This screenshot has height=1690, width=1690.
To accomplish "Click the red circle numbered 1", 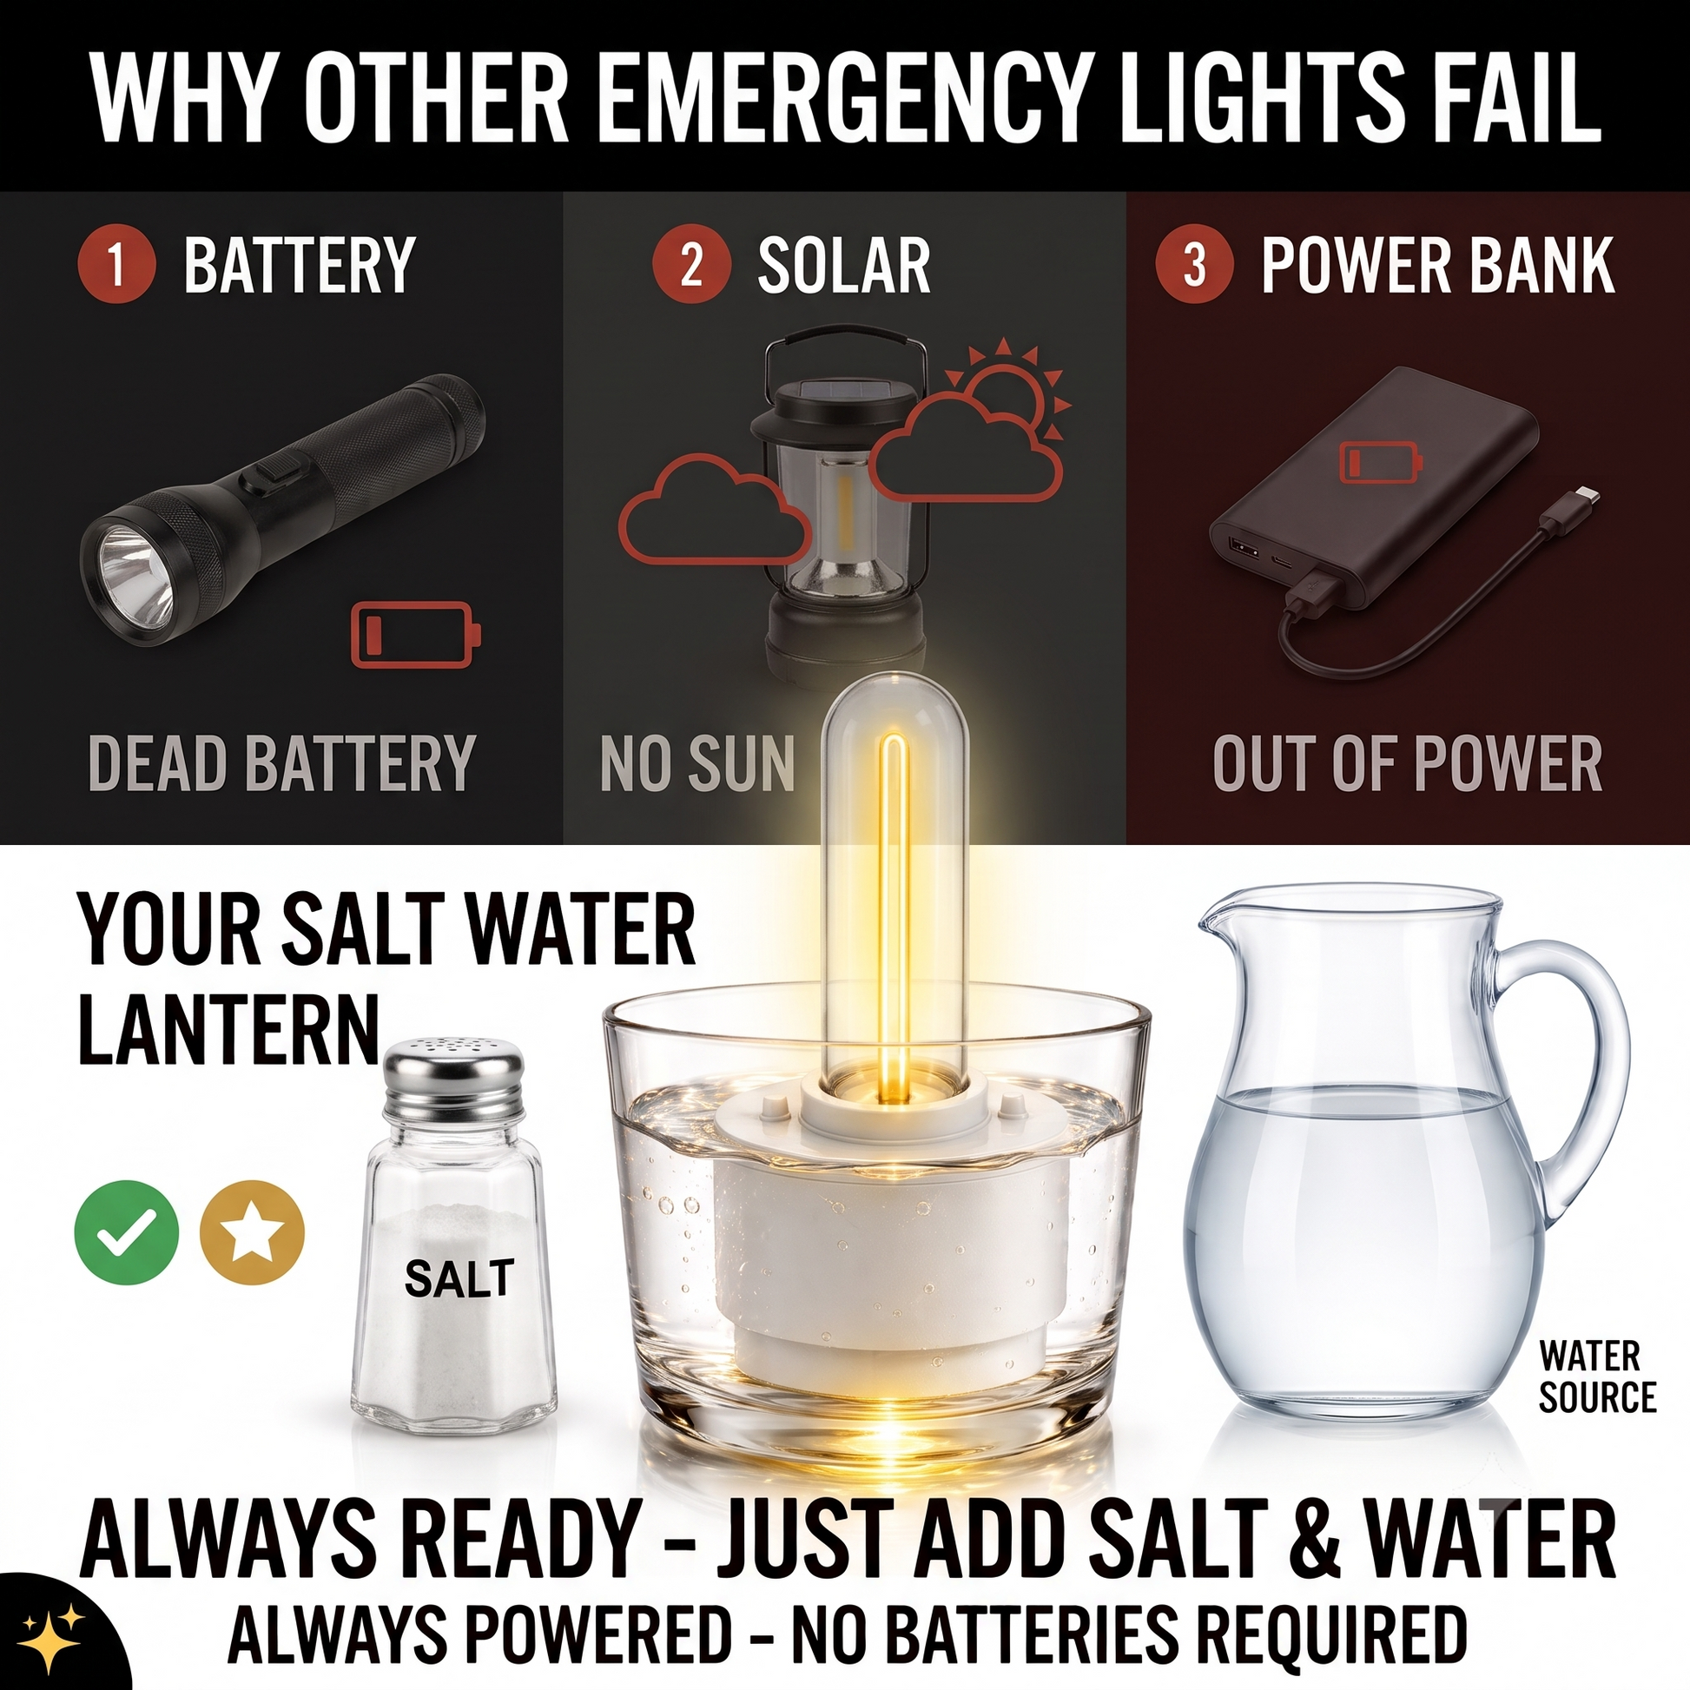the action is coord(117,264).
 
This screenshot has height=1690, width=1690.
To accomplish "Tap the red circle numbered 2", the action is coord(691,264).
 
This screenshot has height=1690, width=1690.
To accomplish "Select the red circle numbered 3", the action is coord(1195,264).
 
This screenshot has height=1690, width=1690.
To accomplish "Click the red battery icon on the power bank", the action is coord(1382,461).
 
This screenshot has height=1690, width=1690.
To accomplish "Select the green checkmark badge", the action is coord(127,1232).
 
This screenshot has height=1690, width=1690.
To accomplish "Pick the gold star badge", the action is coord(252,1232).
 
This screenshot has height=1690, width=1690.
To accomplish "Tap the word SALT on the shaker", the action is coord(459,1279).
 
